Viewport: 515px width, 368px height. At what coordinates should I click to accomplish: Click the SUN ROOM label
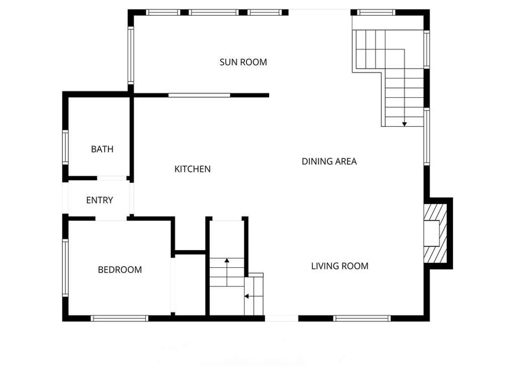[x=243, y=62]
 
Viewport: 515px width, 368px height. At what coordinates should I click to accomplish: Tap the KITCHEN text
[x=192, y=169]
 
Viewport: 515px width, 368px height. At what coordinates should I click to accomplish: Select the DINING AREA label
[x=329, y=162]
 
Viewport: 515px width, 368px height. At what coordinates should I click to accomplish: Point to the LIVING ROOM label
[x=339, y=266]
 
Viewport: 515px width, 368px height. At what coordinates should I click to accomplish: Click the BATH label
[x=102, y=150]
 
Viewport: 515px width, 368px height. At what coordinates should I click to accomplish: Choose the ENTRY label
[x=100, y=200]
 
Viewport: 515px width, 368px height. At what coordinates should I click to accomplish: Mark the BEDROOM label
[x=120, y=270]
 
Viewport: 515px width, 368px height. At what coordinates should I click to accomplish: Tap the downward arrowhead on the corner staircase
[x=404, y=124]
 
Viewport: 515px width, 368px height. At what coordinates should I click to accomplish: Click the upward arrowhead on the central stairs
[x=227, y=261]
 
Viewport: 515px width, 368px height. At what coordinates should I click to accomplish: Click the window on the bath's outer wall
[x=65, y=147]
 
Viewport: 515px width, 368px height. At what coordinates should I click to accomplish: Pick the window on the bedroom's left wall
[x=65, y=267]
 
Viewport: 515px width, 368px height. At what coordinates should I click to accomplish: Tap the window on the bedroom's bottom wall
[x=119, y=318]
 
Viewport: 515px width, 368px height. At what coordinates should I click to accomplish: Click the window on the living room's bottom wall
[x=362, y=318]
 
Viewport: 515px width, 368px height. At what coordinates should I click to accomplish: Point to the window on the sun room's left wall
[x=131, y=55]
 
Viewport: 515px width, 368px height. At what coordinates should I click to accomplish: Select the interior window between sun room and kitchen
[x=199, y=95]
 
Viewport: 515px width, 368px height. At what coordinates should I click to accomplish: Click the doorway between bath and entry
[x=112, y=178]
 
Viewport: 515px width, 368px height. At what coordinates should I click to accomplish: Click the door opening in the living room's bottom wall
[x=282, y=318]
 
